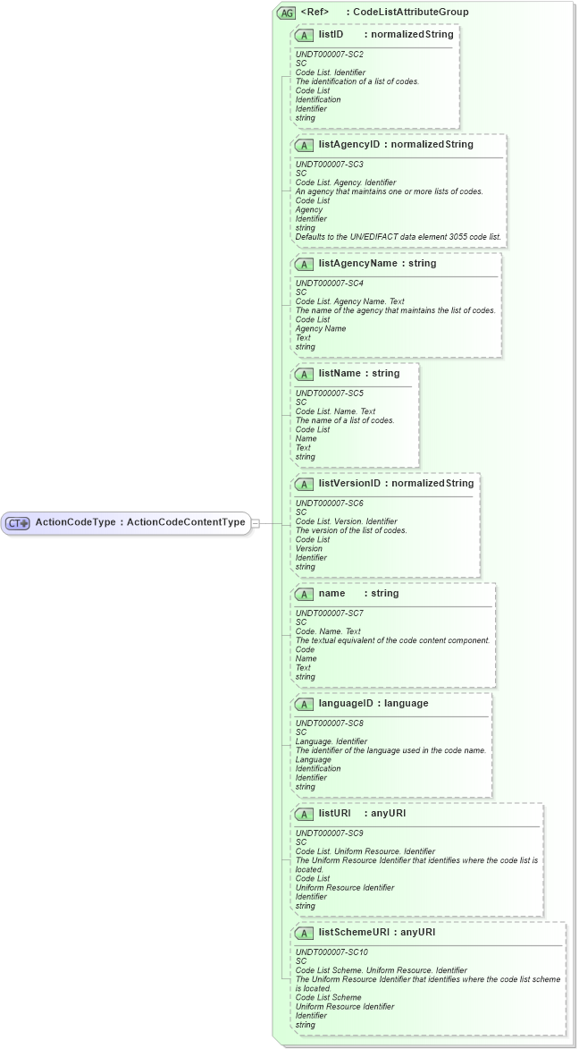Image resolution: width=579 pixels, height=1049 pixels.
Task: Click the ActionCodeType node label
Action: click(139, 522)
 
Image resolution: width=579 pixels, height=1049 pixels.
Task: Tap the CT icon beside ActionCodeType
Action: click(19, 523)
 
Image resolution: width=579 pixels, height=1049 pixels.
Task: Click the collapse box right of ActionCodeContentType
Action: click(256, 523)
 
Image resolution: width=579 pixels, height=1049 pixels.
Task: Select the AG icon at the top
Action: click(286, 13)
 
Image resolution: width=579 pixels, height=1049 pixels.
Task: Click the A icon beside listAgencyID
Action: click(304, 145)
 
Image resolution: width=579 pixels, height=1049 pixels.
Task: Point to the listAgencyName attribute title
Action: click(357, 264)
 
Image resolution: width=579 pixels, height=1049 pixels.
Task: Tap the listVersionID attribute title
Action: click(349, 483)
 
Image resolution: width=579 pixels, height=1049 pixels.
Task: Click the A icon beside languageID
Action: click(304, 704)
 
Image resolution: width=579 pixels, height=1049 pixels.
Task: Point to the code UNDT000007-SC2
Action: click(329, 55)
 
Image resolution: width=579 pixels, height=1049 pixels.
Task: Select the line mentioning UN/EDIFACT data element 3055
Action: click(399, 237)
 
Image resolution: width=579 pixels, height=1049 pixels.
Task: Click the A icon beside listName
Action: click(304, 374)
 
